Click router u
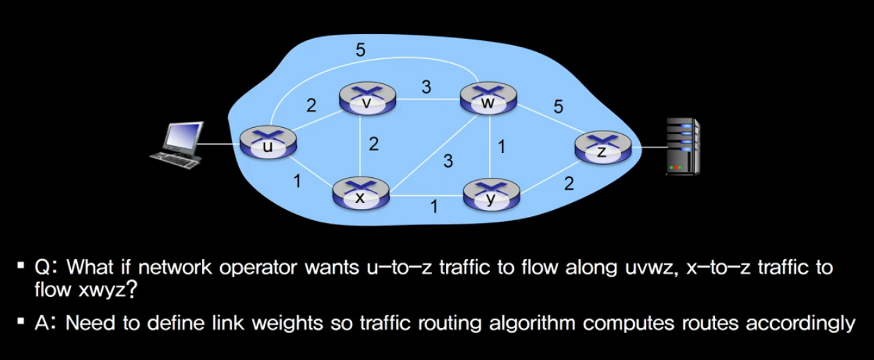coord(267,143)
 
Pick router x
coord(360,193)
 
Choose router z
coord(602,148)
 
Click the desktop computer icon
coord(179,145)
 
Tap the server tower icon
coord(682,146)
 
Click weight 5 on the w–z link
coord(558,107)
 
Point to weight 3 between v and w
coord(426,87)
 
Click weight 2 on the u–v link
coord(311,106)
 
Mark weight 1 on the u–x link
coord(297,182)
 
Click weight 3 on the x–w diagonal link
coord(448,162)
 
